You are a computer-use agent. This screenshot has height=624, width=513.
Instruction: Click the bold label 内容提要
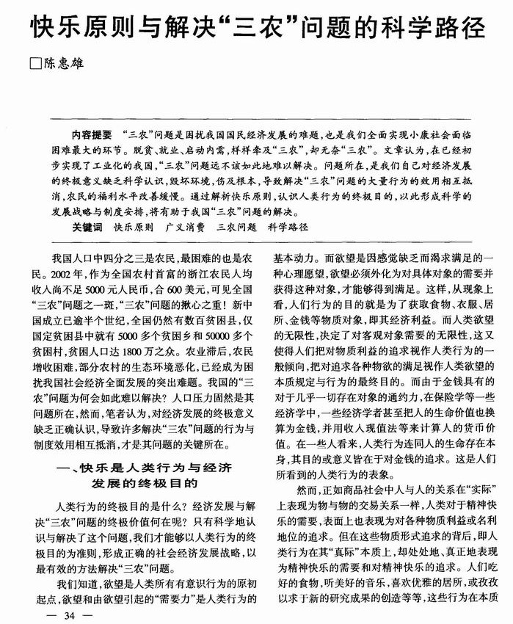pyautogui.click(x=92, y=134)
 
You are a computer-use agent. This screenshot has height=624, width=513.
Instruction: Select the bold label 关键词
pyautogui.click(x=87, y=228)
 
